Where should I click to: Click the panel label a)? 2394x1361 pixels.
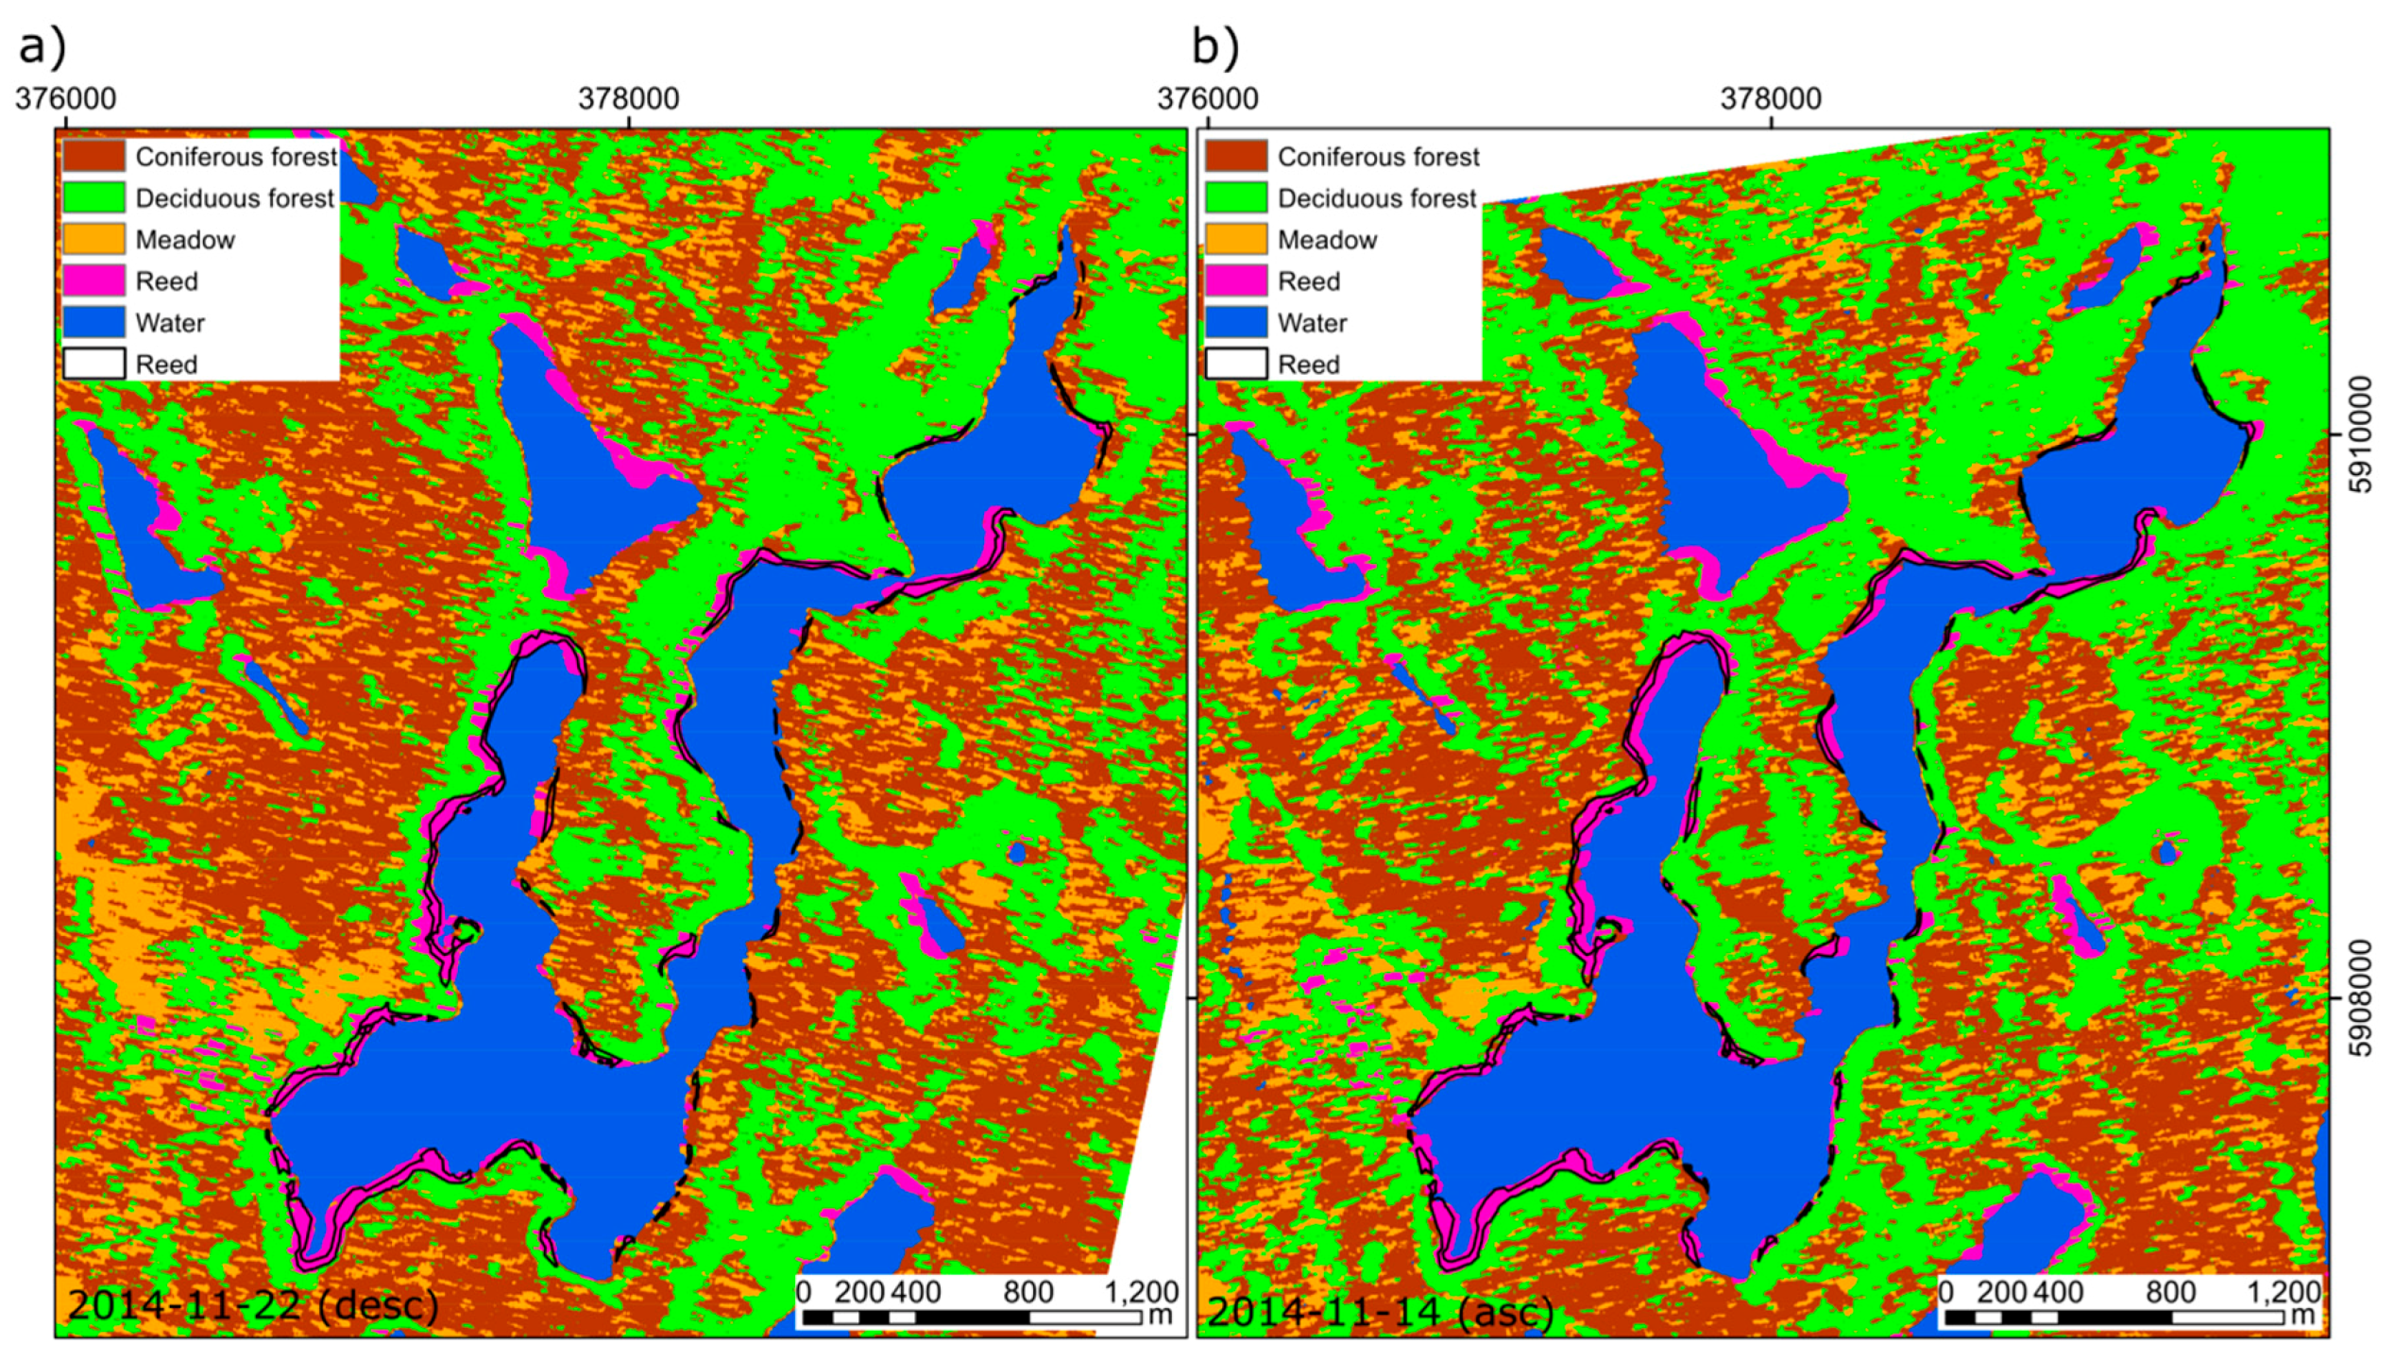coord(42,45)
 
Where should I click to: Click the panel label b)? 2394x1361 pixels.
coord(1214,45)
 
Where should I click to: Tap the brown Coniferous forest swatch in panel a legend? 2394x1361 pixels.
coord(93,157)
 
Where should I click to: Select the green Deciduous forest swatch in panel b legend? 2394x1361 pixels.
coord(1235,198)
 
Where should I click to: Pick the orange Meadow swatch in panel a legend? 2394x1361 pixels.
coord(93,240)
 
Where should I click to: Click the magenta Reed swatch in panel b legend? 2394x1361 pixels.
coord(1235,281)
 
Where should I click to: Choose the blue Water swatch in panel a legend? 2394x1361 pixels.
coord(93,323)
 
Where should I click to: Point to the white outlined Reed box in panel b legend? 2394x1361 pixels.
coord(1235,365)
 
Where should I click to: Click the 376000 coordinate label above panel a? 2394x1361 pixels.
coord(65,98)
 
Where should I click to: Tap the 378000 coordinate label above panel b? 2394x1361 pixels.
coord(1770,98)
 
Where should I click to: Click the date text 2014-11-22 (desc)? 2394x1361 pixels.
coord(253,1305)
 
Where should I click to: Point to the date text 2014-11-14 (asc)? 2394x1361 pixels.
coord(1380,1312)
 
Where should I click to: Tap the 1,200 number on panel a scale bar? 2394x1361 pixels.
coord(1141,1291)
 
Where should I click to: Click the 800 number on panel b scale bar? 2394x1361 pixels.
coord(2169,1291)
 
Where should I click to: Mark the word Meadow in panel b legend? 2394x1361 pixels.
coord(1327,240)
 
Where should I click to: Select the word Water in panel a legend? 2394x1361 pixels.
coord(170,323)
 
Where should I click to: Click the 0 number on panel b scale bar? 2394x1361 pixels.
coord(1946,1291)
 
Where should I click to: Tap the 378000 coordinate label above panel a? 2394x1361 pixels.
coord(628,98)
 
